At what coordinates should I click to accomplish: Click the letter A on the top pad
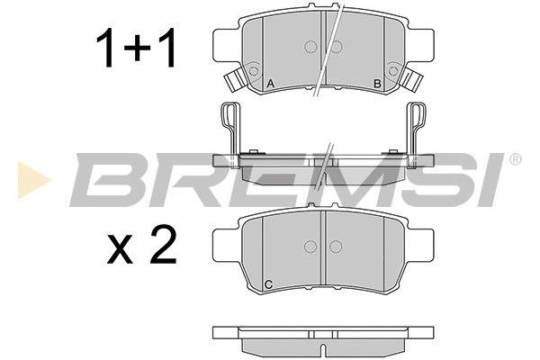tap(271, 84)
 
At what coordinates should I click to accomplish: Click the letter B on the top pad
tap(377, 84)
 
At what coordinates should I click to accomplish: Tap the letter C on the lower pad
tap(269, 284)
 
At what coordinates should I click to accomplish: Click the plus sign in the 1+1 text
tap(137, 48)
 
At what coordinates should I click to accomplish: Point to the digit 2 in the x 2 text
tap(163, 244)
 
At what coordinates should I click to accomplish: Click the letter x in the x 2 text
tap(120, 249)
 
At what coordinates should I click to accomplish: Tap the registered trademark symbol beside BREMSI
tap(515, 159)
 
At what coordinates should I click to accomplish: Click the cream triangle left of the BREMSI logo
tap(32, 180)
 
